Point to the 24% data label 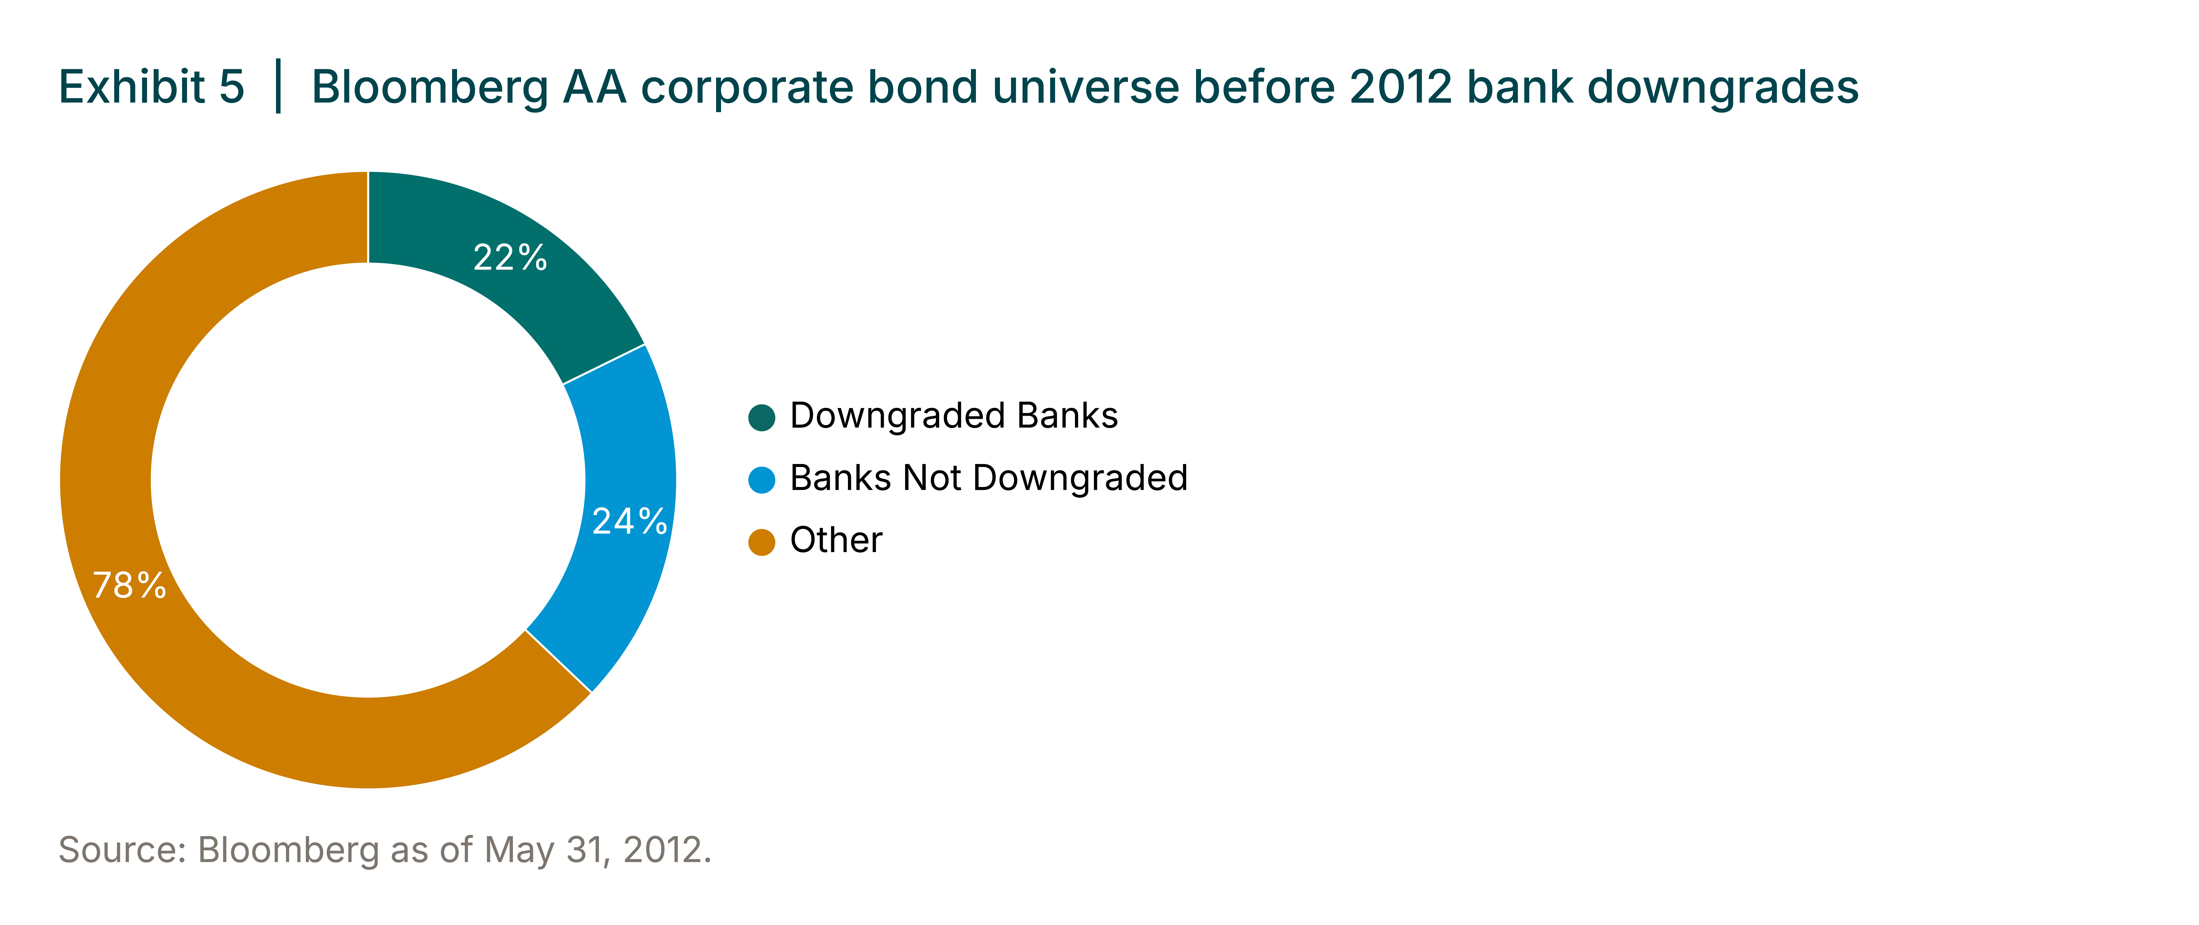[629, 521]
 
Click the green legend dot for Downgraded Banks [761, 418]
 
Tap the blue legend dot [761, 480]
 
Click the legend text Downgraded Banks [954, 416]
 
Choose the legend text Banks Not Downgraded [989, 478]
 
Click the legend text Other [836, 540]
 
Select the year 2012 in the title [1401, 87]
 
